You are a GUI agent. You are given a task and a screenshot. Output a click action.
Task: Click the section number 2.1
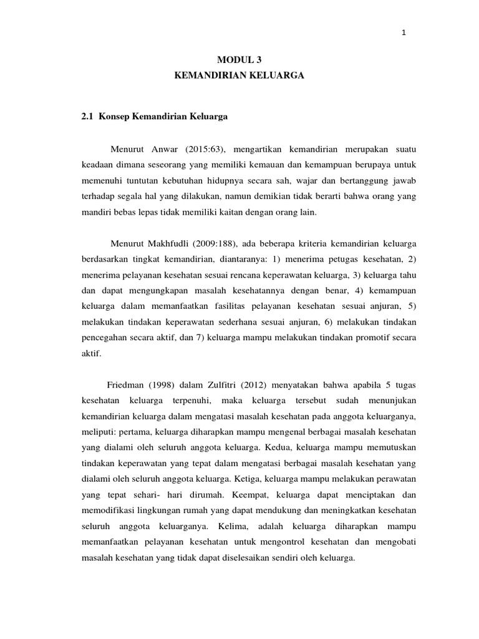pyautogui.click(x=89, y=116)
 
